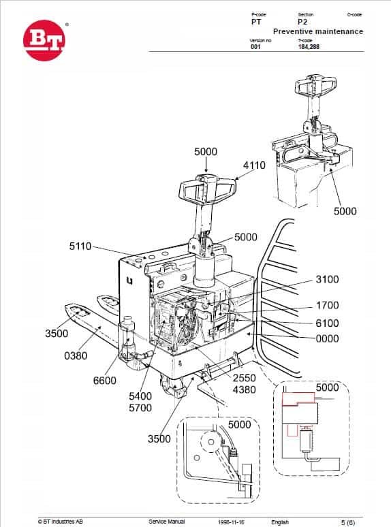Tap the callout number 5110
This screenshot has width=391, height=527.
click(80, 246)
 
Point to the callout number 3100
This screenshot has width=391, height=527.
click(327, 280)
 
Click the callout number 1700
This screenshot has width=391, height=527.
click(327, 306)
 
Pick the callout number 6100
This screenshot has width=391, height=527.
click(327, 323)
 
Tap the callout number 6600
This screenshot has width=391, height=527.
click(104, 381)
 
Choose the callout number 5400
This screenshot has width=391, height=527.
click(140, 396)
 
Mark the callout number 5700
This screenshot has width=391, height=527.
click(140, 408)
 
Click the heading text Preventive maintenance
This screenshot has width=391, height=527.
click(317, 31)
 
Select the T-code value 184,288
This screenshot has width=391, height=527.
click(309, 47)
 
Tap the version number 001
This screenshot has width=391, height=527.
click(255, 47)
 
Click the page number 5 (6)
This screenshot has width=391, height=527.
click(346, 522)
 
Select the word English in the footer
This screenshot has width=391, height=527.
click(279, 522)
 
